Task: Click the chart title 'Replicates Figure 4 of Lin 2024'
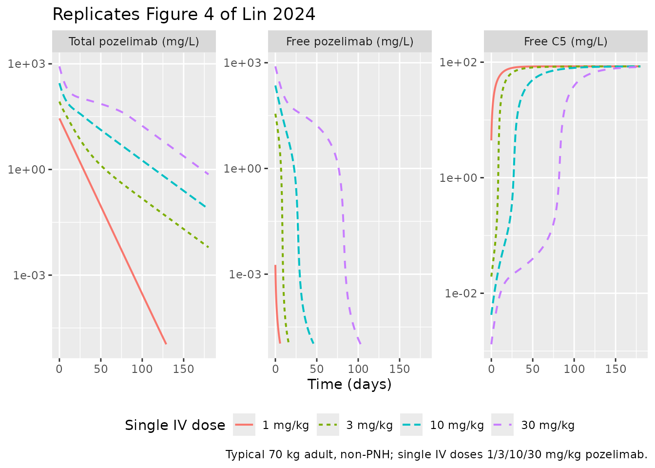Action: click(184, 15)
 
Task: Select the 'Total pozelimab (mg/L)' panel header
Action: click(134, 41)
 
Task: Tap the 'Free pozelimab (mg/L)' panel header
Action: click(349, 41)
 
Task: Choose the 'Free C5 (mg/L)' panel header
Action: click(565, 41)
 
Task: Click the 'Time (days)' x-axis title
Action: click(349, 385)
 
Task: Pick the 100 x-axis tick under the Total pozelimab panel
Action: click(142, 370)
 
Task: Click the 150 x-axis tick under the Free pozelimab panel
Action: click(399, 370)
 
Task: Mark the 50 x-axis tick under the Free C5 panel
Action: click(533, 370)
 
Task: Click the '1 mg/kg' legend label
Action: click(286, 425)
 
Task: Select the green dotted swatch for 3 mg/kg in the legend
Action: click(328, 425)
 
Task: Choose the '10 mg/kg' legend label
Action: click(457, 425)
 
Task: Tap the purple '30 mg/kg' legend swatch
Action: click(502, 425)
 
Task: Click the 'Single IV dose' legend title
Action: click(175, 425)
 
